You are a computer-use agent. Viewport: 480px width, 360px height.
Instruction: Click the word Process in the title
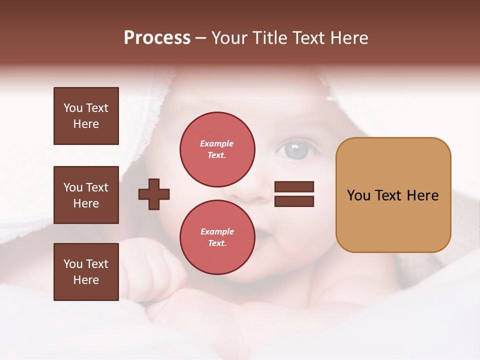click(x=157, y=38)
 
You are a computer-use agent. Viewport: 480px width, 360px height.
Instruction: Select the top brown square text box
click(x=86, y=116)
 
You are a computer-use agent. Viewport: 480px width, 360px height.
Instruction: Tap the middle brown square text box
click(x=86, y=195)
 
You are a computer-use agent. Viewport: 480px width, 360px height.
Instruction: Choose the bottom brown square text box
click(x=86, y=271)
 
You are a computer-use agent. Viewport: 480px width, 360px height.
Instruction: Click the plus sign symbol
click(x=154, y=194)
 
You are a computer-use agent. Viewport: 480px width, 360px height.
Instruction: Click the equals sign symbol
click(x=294, y=194)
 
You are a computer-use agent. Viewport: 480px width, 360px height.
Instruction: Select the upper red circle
click(x=217, y=149)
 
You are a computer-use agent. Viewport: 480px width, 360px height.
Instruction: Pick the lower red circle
click(x=217, y=237)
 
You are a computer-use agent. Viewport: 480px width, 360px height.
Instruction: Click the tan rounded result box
click(x=393, y=195)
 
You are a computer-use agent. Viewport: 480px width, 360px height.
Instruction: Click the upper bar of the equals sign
click(x=294, y=187)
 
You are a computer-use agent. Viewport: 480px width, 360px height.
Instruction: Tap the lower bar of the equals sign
click(x=294, y=201)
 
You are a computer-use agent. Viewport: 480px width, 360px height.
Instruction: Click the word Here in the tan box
click(x=422, y=195)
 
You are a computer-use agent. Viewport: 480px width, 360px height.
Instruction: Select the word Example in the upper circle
click(x=217, y=143)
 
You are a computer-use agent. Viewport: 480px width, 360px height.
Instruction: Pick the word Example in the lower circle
click(x=217, y=231)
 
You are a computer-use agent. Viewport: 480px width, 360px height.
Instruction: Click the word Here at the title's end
click(x=348, y=38)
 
